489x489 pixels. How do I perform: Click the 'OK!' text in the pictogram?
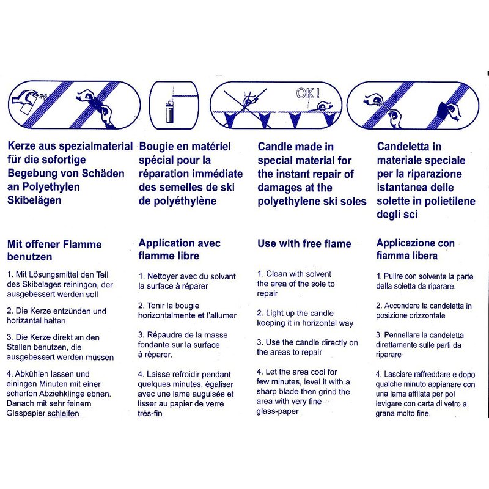(x=308, y=93)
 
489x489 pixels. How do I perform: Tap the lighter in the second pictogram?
(x=170, y=112)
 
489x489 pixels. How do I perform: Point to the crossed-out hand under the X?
(x=250, y=100)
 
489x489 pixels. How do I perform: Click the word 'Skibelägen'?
(x=34, y=200)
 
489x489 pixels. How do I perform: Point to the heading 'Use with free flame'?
(x=304, y=243)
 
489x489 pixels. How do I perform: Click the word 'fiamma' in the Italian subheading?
(x=391, y=256)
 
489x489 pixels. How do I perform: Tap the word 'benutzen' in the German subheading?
(x=29, y=257)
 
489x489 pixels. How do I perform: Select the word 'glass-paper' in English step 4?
(x=278, y=411)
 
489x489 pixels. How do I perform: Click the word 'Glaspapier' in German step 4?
(x=26, y=414)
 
